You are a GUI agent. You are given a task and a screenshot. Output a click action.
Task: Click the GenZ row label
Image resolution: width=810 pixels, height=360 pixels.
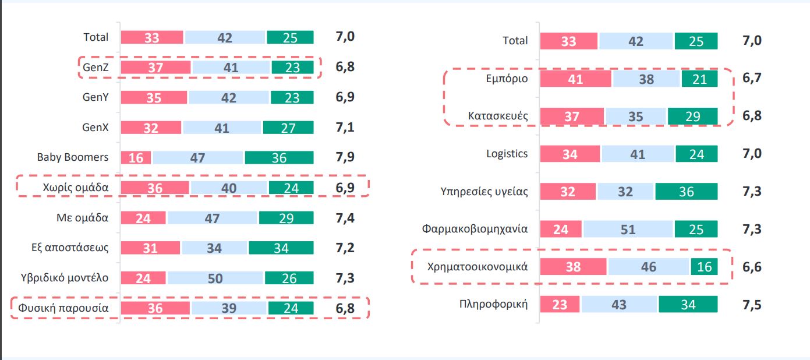coord(95,67)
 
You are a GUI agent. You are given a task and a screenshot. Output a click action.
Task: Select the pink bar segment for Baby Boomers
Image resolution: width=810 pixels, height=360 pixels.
coord(136,157)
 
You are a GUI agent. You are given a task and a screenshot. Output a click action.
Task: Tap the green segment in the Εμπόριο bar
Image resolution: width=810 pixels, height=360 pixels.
coord(699,79)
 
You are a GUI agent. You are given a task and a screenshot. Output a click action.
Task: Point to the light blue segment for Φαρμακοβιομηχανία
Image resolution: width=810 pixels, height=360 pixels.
coord(628,229)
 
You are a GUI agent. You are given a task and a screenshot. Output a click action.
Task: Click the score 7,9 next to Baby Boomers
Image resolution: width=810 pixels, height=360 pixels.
coord(345,157)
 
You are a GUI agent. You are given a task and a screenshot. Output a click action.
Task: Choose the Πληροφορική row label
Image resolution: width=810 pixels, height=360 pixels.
coord(493,304)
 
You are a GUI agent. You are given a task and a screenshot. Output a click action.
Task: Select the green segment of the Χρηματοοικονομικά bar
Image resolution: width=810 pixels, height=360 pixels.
coord(704,267)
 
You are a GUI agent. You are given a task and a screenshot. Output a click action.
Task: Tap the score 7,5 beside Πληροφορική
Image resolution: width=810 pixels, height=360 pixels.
coord(752,305)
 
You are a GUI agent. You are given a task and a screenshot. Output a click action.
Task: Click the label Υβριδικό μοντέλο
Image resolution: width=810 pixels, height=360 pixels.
coord(65,278)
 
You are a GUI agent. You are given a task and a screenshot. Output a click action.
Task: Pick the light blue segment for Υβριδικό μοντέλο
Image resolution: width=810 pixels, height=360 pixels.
coord(215,278)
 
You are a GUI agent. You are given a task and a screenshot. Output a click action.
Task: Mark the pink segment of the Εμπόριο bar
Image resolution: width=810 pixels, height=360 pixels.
coord(575,79)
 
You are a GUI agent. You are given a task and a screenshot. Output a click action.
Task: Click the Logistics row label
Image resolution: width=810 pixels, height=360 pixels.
coord(507,154)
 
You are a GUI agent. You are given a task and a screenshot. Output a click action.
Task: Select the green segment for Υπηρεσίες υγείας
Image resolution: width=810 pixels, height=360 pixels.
coord(686,191)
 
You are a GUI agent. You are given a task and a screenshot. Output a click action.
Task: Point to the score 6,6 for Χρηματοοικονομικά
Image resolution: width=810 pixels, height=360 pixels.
coord(752,267)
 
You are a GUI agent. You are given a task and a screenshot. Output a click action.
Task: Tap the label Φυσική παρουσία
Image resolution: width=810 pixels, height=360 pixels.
coord(63,308)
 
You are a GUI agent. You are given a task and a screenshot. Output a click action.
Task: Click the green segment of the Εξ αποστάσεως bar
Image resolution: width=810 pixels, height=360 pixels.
coord(281,248)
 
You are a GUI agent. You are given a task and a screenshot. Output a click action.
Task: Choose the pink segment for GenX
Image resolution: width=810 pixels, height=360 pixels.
coord(151,128)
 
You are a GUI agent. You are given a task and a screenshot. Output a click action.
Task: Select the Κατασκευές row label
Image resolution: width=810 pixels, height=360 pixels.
coord(498,116)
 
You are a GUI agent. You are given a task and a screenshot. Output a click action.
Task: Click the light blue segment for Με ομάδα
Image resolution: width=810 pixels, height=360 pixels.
coord(212,218)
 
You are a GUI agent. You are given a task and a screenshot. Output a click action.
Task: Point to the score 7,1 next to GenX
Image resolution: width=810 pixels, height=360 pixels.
coord(345,127)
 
